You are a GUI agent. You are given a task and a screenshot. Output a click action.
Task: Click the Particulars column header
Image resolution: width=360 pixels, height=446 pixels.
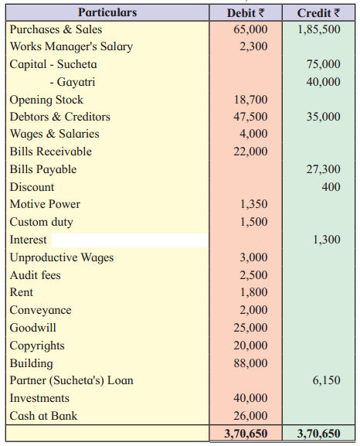(x=107, y=12)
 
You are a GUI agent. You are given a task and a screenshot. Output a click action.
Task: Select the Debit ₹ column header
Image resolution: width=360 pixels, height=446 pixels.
(x=246, y=13)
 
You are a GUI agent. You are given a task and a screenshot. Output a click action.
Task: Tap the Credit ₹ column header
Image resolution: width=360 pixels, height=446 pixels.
(x=318, y=13)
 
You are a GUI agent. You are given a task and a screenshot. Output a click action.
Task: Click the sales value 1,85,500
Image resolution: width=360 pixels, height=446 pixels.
(x=319, y=29)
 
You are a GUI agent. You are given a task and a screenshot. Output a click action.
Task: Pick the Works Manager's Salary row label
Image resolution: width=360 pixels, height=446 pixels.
(x=71, y=46)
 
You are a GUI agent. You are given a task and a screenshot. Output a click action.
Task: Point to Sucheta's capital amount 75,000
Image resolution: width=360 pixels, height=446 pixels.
(x=324, y=64)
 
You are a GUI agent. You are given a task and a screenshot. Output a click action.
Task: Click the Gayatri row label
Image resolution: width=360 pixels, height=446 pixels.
(x=73, y=82)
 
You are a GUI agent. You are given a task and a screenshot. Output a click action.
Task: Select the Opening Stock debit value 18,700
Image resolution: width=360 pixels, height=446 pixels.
(x=250, y=100)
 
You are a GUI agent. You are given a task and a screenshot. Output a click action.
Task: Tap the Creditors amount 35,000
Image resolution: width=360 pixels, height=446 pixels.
(x=324, y=117)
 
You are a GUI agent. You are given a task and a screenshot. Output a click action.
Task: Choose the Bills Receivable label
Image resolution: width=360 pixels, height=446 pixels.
(x=51, y=152)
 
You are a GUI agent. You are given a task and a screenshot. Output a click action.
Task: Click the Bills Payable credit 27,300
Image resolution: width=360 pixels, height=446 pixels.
(x=324, y=169)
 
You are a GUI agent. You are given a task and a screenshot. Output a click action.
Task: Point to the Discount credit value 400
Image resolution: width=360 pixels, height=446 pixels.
(x=331, y=187)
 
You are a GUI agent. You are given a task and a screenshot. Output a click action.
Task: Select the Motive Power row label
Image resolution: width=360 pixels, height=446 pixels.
(x=45, y=204)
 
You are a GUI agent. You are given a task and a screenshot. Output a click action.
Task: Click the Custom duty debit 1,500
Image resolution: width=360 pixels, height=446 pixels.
(x=253, y=222)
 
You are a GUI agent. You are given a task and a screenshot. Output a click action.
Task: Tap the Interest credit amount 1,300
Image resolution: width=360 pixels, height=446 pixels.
(x=327, y=240)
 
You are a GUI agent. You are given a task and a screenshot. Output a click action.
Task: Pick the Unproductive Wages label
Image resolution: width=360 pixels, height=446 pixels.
(x=62, y=257)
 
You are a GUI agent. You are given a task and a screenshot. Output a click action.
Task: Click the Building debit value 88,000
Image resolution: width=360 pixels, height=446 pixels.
(x=250, y=363)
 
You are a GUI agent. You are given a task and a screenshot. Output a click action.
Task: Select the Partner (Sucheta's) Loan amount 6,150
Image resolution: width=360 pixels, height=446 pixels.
(x=327, y=380)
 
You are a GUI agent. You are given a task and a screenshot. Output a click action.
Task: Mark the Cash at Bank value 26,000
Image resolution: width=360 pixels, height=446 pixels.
(x=250, y=416)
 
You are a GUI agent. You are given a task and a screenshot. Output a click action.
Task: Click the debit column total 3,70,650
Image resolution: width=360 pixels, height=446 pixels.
(x=246, y=434)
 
